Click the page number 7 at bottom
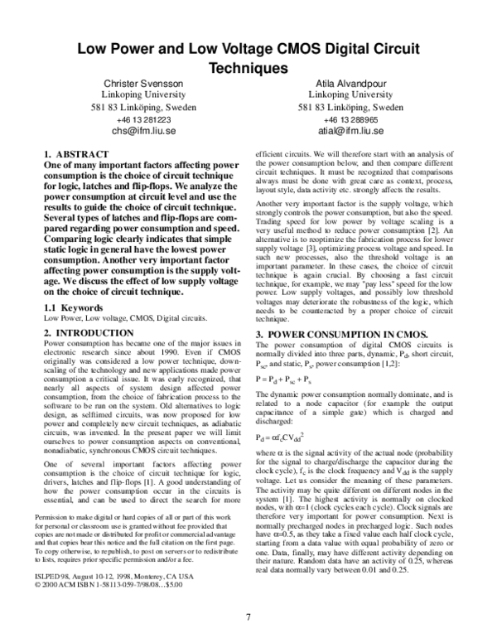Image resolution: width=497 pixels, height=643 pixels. click(x=248, y=616)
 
